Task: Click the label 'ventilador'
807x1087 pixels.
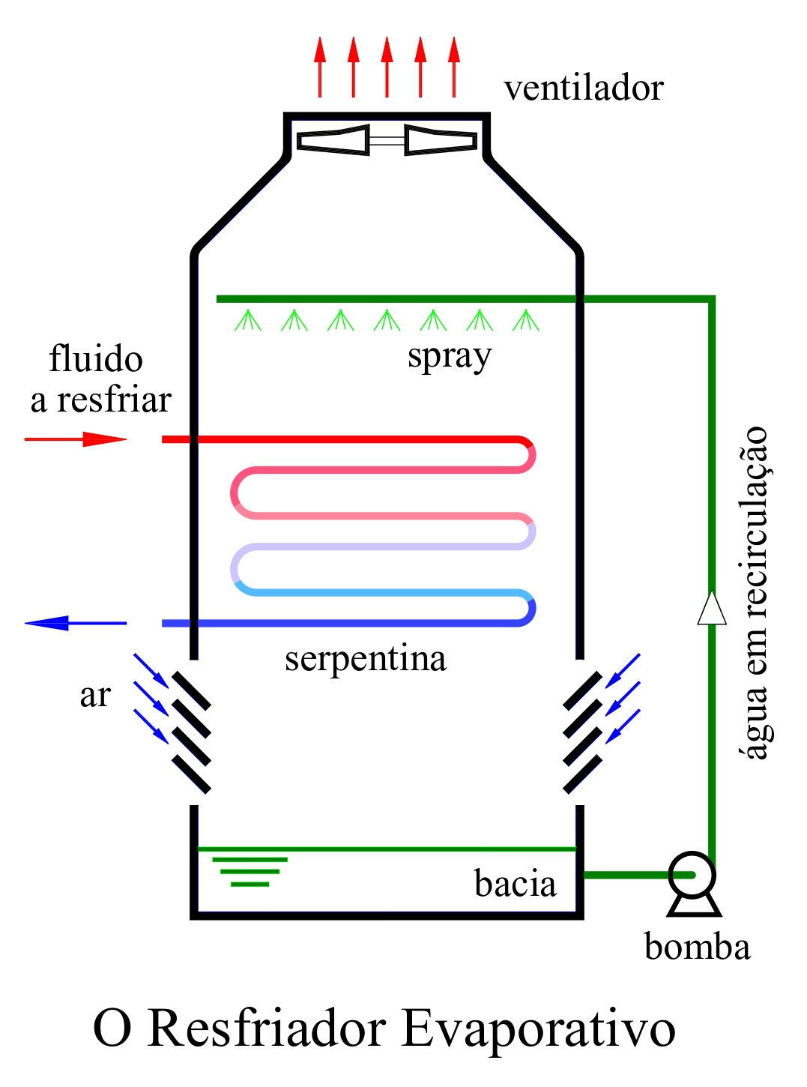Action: click(x=583, y=88)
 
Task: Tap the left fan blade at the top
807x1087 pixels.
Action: click(x=333, y=140)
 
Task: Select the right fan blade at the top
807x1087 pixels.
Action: click(x=441, y=140)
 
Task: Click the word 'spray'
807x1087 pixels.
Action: click(x=450, y=356)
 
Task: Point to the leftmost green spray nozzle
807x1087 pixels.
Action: click(x=248, y=320)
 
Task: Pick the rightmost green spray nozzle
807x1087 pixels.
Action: click(x=526, y=320)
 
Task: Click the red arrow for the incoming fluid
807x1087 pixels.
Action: click(x=75, y=439)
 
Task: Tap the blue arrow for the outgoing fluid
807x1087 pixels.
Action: click(x=75, y=623)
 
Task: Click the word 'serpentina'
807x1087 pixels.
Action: click(x=366, y=659)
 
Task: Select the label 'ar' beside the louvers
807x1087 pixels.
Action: click(x=95, y=696)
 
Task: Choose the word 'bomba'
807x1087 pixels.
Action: click(x=697, y=947)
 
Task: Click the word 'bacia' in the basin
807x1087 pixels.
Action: click(x=516, y=884)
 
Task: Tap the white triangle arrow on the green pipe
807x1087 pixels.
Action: click(x=712, y=608)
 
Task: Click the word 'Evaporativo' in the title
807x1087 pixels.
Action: click(x=539, y=1029)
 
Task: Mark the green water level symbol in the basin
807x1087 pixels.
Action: click(x=250, y=871)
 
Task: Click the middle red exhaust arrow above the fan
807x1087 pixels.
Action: click(x=387, y=67)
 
